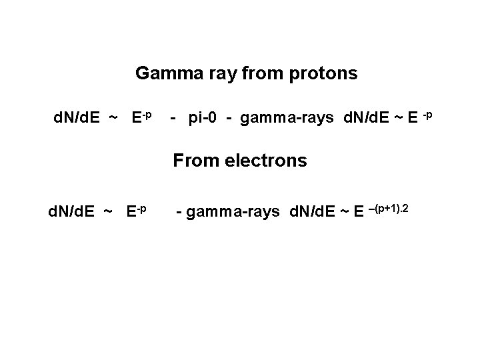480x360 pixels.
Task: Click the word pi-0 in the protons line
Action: (203, 119)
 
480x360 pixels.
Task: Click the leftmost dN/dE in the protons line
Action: (77, 119)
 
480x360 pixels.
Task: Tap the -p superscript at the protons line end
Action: (427, 115)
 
